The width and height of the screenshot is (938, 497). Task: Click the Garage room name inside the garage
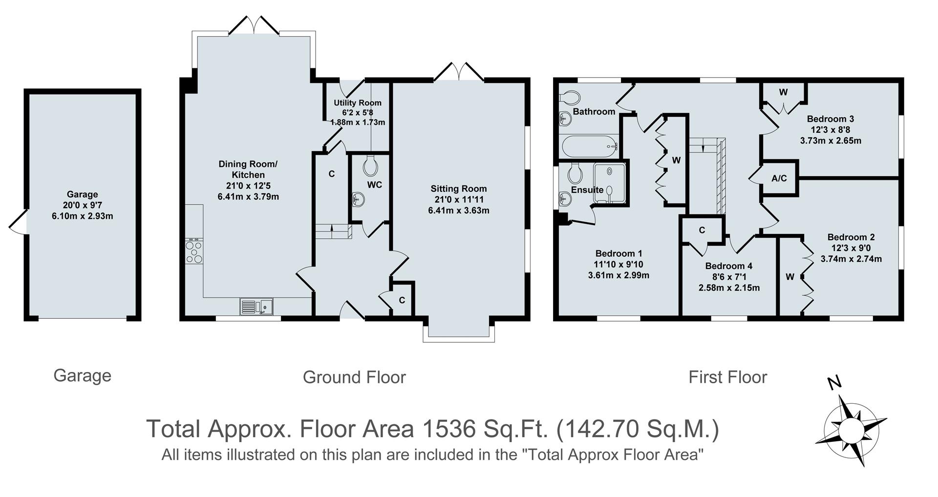(82, 194)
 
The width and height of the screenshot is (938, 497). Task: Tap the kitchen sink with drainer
(256, 307)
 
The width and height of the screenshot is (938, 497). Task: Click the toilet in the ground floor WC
(371, 166)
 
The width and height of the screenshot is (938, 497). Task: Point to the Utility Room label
(357, 103)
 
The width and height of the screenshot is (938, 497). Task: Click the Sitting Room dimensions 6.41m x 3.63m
(459, 210)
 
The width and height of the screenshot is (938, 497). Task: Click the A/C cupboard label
(779, 178)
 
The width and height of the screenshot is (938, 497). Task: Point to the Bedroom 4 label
(728, 266)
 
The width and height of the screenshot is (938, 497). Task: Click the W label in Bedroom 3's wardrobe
(783, 92)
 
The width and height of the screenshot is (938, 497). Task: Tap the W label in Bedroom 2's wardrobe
(790, 277)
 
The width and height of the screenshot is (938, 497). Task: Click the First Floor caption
(727, 377)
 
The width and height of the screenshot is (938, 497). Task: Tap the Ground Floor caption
(354, 377)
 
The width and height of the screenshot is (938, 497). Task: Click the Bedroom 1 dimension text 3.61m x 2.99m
(618, 275)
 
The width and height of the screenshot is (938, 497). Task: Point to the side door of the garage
(18, 222)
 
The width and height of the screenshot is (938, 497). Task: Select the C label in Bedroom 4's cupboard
(702, 230)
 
